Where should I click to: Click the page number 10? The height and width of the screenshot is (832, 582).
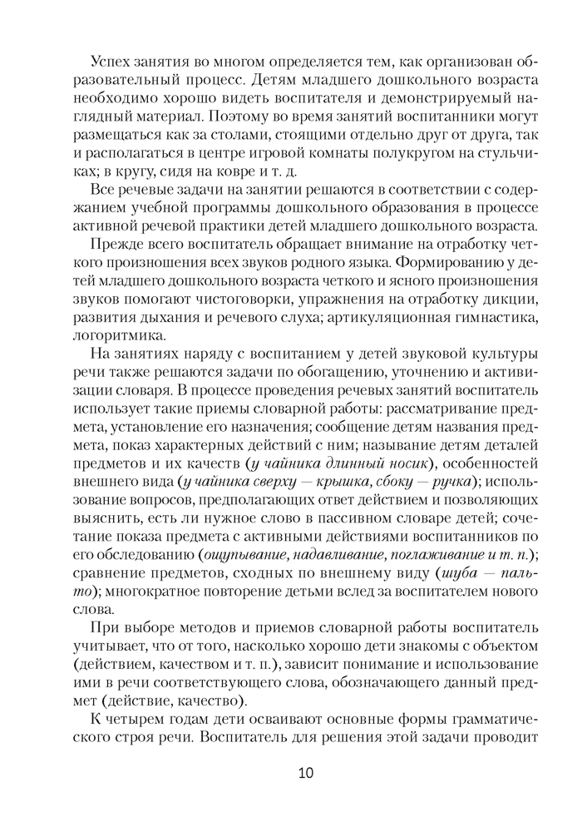pos(305,773)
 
